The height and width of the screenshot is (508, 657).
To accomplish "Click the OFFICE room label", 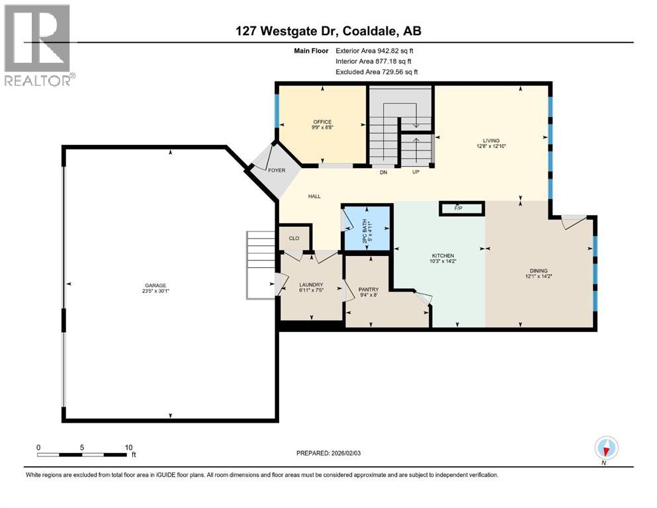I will click(322, 122).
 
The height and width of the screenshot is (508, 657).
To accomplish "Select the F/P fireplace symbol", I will click(458, 208).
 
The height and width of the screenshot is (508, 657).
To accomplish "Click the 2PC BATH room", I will click(367, 228).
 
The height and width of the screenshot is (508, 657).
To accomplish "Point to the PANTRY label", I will click(368, 289).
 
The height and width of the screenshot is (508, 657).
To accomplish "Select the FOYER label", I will click(276, 170).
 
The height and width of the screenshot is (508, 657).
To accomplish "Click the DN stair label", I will click(382, 173).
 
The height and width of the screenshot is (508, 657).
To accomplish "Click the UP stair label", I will click(416, 173).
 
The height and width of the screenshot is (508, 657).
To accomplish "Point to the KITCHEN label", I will click(443, 255).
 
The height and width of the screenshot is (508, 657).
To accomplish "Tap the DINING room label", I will click(539, 271).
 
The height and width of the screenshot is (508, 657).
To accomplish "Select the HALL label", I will click(314, 196).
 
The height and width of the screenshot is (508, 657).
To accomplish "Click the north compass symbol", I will click(606, 448).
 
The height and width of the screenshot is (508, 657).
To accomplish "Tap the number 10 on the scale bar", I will click(129, 447).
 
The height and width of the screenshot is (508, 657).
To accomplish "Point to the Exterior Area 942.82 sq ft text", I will click(376, 50).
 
